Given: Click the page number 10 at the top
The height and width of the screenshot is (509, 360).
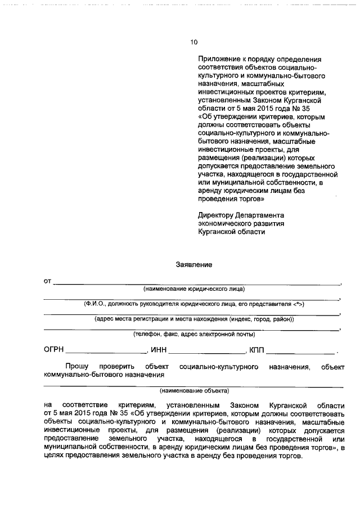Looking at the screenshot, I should [x=194, y=42].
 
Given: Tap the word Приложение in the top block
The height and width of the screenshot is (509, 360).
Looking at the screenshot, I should [x=217, y=58].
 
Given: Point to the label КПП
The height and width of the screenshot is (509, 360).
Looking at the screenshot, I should [x=256, y=350].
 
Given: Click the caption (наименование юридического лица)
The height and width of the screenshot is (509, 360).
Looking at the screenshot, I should [x=193, y=289].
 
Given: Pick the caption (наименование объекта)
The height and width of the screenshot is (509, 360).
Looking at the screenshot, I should [x=194, y=390].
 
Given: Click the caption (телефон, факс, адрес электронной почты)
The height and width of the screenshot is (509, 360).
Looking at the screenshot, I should [x=193, y=334].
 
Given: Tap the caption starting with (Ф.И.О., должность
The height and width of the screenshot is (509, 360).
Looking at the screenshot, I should [x=194, y=304].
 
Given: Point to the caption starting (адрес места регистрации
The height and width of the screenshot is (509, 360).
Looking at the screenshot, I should [x=194, y=319].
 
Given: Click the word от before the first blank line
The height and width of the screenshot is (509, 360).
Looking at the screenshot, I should [x=48, y=280].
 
